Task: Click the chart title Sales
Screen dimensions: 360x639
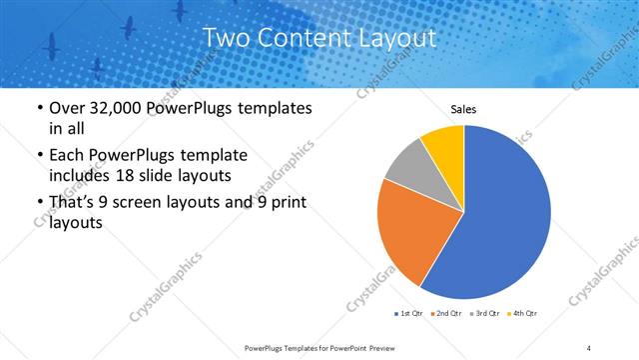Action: coord(463,109)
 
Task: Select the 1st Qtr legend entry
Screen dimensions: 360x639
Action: coord(409,314)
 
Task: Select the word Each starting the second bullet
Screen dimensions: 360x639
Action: coord(68,156)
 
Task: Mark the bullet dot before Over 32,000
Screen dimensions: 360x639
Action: coord(39,109)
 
